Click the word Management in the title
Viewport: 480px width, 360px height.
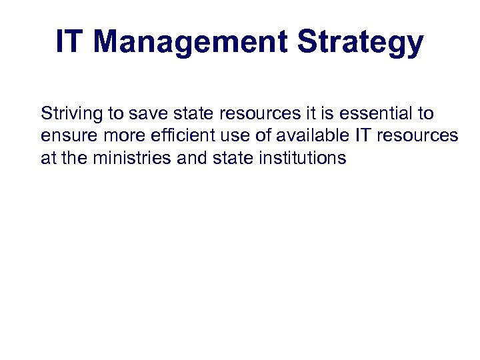191,41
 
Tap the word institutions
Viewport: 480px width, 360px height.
303,158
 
